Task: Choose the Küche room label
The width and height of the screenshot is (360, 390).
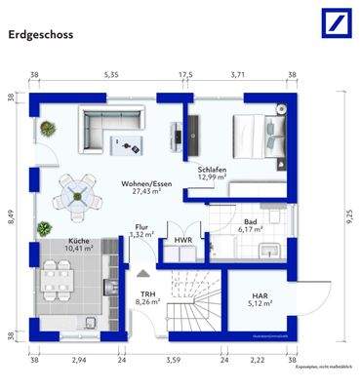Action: tap(80, 245)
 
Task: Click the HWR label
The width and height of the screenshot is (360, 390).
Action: tap(182, 240)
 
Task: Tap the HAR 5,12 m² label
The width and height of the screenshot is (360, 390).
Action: tap(260, 297)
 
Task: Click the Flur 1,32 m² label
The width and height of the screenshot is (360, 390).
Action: tap(142, 230)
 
